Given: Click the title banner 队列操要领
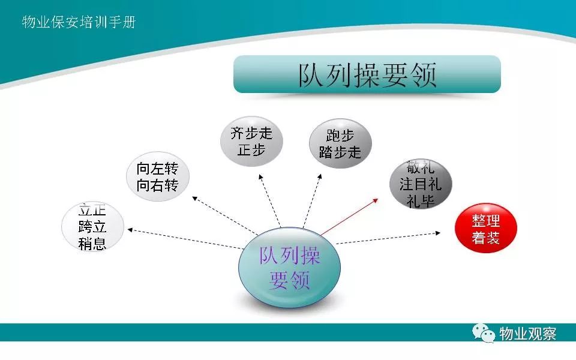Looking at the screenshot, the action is (367, 74).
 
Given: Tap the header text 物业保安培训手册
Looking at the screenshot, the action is (79, 22).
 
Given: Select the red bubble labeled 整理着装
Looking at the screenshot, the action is (485, 228).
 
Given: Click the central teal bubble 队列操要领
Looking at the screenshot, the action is (289, 268).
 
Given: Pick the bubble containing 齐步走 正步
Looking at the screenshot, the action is (251, 142).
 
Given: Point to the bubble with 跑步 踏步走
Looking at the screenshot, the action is (340, 143).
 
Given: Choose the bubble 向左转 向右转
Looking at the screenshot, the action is (158, 176).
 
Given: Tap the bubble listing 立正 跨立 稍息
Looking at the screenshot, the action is (92, 227).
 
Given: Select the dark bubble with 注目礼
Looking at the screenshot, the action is (421, 184).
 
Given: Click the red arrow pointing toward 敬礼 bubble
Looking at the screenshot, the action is (349, 217).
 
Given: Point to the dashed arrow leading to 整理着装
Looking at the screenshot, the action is (388, 238).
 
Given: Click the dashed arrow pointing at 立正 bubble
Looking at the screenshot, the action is (185, 239).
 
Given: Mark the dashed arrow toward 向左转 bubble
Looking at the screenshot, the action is (225, 215).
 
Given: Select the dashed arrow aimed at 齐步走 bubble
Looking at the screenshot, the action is (269, 200).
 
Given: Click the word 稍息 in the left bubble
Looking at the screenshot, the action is (92, 244).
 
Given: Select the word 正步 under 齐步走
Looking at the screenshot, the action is (251, 150).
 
